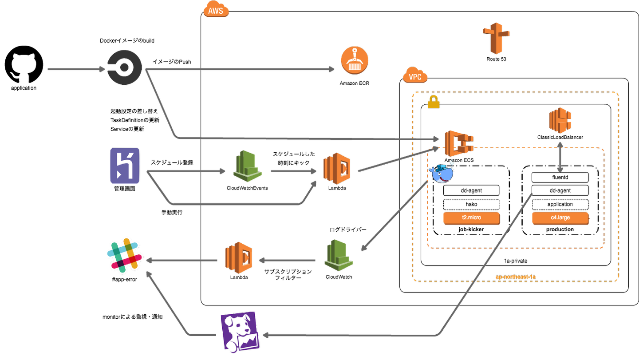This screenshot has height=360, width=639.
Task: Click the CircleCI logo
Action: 125,68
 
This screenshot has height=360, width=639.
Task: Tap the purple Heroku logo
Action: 125,166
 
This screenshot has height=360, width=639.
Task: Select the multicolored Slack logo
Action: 124,255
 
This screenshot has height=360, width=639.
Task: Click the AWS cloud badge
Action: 216,9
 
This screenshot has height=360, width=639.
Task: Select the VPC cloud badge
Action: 415,75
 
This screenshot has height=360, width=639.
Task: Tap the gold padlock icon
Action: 434,102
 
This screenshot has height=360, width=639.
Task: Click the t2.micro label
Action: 471,218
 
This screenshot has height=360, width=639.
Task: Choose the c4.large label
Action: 560,218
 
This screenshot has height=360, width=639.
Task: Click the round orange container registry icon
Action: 355,60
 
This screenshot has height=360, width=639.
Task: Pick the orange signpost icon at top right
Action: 496,38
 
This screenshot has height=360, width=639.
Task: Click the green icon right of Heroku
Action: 248,166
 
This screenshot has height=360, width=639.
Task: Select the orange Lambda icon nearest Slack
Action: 239,257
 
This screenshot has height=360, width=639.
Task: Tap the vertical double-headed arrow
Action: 560,158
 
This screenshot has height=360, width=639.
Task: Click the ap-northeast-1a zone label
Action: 516,277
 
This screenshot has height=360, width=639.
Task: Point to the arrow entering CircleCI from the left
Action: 75,69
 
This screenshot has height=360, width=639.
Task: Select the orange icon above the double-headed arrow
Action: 560,120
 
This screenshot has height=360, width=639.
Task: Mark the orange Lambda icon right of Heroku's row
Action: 337,168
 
